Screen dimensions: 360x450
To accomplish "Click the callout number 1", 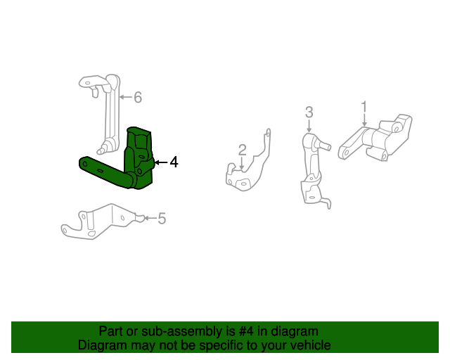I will coord(364,107).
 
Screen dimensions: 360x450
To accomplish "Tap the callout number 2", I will coord(242,150).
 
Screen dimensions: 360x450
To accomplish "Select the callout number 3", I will coord(309,112).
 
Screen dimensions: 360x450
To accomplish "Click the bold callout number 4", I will coord(173,162).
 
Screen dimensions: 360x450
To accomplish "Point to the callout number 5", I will coord(161,219).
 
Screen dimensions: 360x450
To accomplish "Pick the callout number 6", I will coord(138,97).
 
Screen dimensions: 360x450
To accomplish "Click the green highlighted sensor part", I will coord(139,158).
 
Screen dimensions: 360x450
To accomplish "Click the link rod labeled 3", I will coord(311,169).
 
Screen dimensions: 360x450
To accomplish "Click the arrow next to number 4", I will coord(160,162).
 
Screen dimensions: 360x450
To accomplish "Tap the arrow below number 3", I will coord(309,126).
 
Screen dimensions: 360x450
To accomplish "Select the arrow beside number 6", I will coord(124,97).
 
